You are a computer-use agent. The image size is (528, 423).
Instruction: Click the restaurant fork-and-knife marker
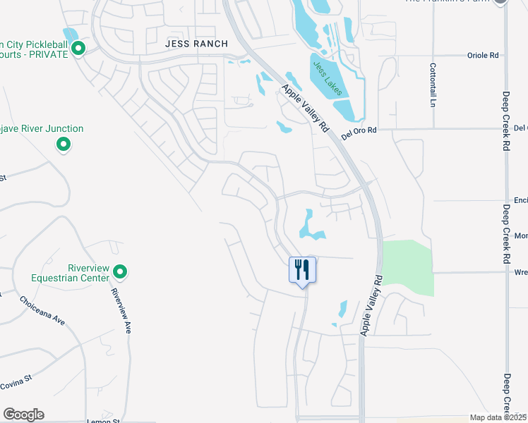(303, 269)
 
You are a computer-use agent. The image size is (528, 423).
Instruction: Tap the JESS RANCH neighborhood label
(196, 44)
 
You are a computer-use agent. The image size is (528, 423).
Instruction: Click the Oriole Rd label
(483, 55)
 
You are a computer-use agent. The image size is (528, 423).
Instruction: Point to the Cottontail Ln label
(433, 85)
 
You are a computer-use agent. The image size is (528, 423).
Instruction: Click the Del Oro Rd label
(359, 133)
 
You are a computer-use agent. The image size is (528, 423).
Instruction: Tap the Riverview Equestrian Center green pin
(120, 271)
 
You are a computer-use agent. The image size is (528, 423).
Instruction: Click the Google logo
(23, 415)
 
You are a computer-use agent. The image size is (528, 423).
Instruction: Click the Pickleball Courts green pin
(78, 49)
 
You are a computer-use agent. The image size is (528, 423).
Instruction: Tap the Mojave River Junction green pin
(64, 145)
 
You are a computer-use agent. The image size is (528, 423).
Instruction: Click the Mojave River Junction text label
(42, 129)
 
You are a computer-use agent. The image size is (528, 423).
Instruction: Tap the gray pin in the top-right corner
(500, 2)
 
